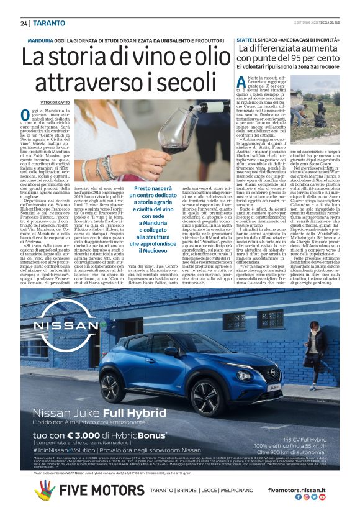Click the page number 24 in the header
pos(24,24)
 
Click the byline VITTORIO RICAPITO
pos(55,101)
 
